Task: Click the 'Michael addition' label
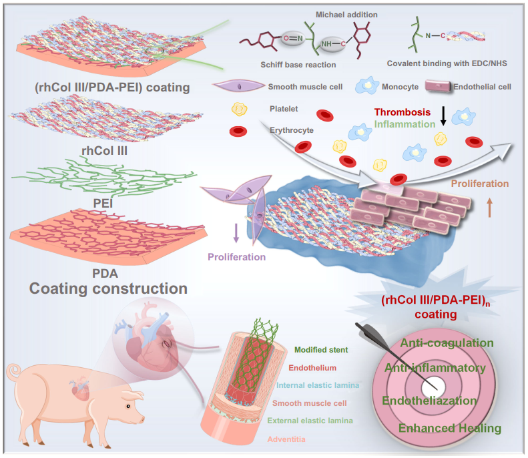click(x=346, y=15)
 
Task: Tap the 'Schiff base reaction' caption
click(x=298, y=65)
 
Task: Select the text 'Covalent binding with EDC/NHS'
click(x=447, y=63)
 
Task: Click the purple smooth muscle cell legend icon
click(x=238, y=86)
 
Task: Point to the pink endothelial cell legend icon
click(x=438, y=86)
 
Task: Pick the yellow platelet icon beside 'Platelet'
click(x=239, y=109)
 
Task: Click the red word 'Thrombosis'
click(x=402, y=112)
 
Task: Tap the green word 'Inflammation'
click(x=405, y=124)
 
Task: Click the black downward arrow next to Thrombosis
click(x=443, y=116)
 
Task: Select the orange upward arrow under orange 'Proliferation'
click(x=489, y=207)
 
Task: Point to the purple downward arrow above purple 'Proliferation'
click(x=236, y=233)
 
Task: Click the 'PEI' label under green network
click(x=103, y=204)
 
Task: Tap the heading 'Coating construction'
click(x=108, y=288)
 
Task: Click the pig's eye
click(x=128, y=406)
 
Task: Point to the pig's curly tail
click(x=13, y=372)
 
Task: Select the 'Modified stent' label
click(x=321, y=350)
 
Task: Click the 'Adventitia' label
click(x=286, y=439)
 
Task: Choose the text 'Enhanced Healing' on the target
click(x=450, y=428)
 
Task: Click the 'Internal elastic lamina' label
click(x=318, y=385)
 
